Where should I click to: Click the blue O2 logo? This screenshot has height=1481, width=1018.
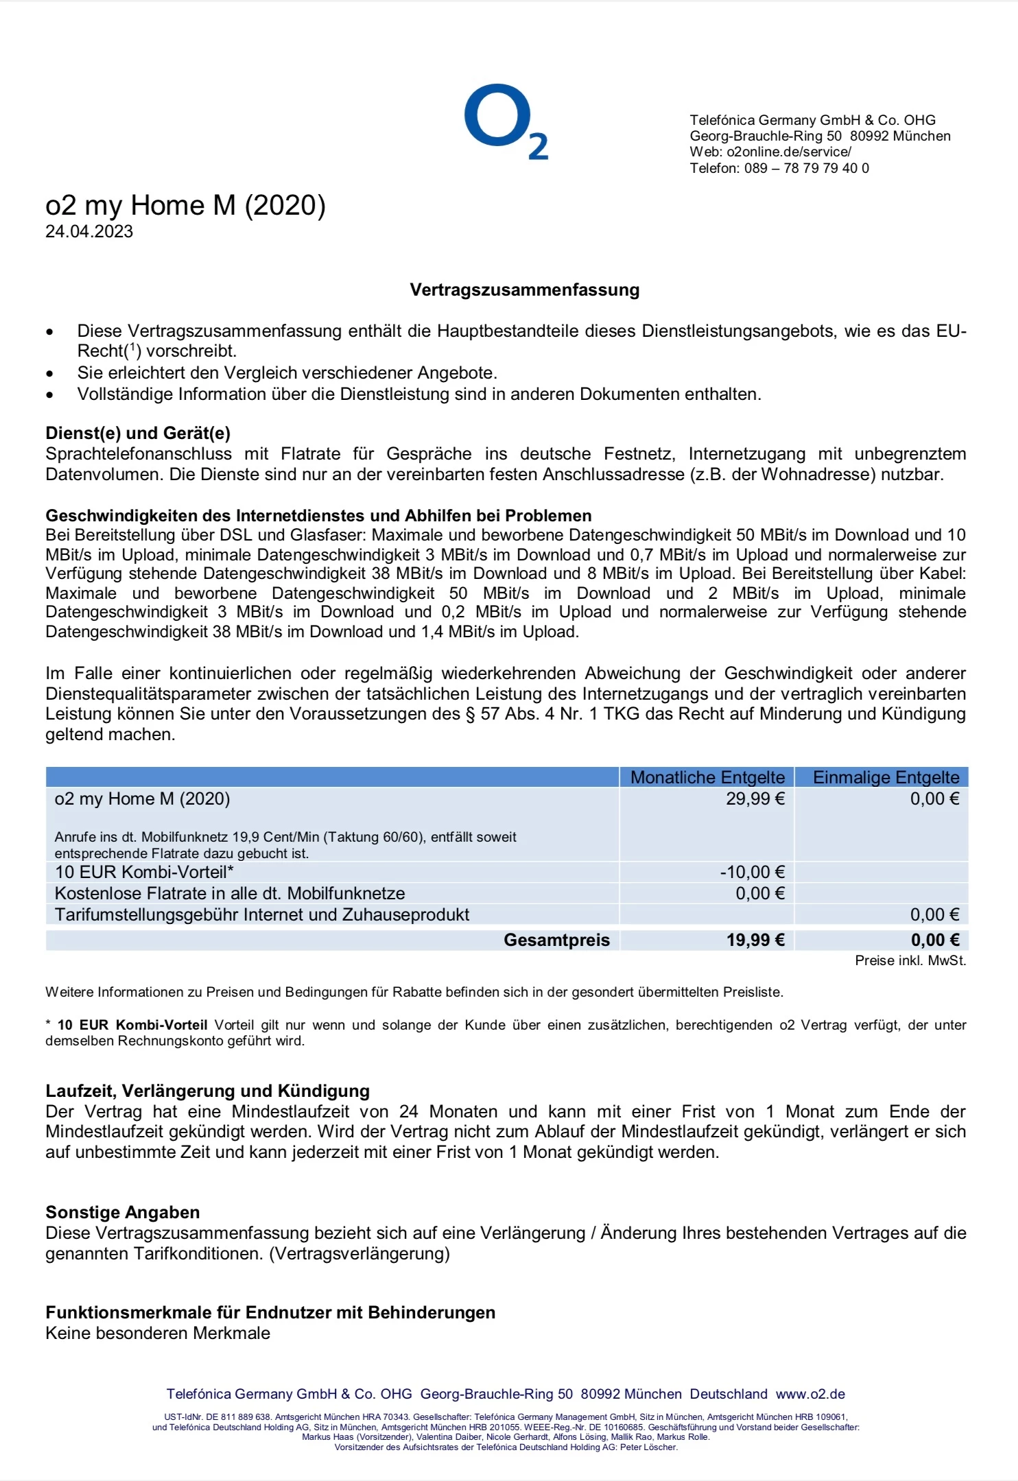(506, 121)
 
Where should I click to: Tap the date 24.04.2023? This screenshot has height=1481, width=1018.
(89, 232)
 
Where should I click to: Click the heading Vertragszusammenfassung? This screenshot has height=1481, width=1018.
(524, 289)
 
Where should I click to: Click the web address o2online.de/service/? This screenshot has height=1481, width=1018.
(789, 152)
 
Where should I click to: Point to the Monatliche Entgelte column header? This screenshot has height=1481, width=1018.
(707, 777)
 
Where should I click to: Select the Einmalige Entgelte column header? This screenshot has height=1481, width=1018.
(886, 777)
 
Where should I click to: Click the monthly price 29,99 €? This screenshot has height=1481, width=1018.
(755, 798)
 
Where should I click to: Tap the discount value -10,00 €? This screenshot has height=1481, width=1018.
(752, 872)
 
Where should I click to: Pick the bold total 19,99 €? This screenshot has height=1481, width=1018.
(755, 940)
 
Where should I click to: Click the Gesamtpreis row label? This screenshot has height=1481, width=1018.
(556, 940)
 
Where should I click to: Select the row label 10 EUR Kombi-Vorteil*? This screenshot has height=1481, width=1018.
(144, 872)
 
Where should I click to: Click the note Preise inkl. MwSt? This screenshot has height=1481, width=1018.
(910, 960)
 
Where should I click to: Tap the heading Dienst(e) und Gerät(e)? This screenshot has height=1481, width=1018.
(138, 433)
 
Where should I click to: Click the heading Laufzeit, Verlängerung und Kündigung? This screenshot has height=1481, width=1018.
(207, 1091)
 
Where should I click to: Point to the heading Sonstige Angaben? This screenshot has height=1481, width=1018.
(123, 1212)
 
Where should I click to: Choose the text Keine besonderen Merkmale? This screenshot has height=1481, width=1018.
(158, 1333)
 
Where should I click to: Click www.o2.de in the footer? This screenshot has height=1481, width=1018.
(810, 1394)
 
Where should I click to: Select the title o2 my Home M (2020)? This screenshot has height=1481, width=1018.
(185, 205)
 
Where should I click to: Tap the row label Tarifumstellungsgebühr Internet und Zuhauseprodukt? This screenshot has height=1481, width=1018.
(262, 914)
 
